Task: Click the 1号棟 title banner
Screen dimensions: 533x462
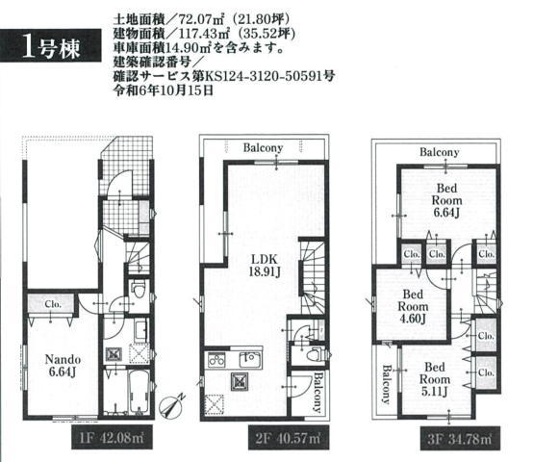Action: pos(50,45)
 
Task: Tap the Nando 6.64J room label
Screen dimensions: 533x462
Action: pos(63,366)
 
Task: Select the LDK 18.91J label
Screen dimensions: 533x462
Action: pos(265,266)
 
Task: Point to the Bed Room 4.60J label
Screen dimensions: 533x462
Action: pos(413,306)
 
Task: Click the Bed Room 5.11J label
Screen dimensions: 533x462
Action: pos(435,379)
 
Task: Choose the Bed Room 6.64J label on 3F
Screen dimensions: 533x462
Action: pos(446,200)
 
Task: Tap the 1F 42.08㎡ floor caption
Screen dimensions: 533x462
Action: pos(112,437)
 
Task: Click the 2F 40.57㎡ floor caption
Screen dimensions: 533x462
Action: pos(289,438)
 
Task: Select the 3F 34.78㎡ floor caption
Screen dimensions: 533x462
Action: pos(460,439)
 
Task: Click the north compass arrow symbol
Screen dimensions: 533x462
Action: pos(172,405)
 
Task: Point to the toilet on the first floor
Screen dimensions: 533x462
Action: pos(138,290)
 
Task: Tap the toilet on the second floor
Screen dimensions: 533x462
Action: pos(315,354)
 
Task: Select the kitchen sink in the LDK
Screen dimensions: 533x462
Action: pos(250,359)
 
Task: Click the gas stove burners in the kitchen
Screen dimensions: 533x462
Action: pos(216,360)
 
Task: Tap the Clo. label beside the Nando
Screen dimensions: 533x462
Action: pos(53,304)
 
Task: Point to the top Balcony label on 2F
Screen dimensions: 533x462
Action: pos(263,148)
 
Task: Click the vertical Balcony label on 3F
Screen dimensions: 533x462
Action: pos(386,383)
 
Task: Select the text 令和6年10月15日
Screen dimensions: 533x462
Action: pos(164,90)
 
